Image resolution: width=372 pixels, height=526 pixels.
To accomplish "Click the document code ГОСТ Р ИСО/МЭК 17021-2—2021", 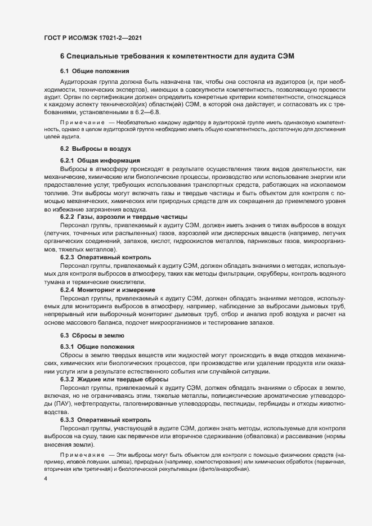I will [92, 37].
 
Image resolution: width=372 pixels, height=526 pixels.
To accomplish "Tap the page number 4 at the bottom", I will [46, 478].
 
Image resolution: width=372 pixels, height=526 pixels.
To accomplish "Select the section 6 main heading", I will [177, 56].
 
